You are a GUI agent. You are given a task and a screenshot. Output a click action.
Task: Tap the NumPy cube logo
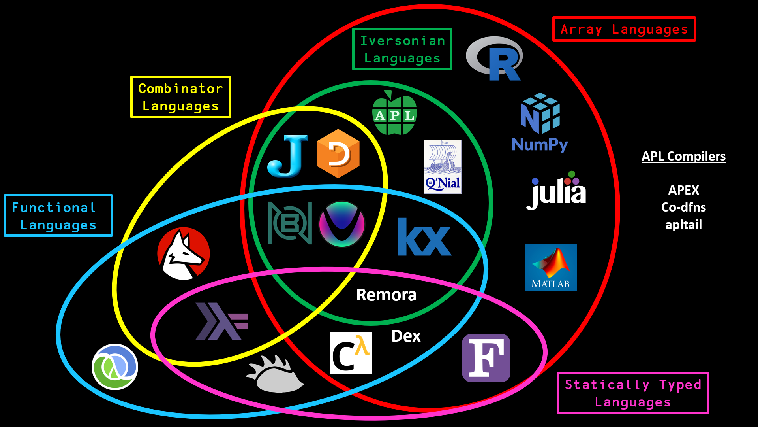coord(540,114)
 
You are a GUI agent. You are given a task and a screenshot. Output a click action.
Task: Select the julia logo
coord(556,191)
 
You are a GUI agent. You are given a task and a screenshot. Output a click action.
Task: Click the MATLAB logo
coord(550,267)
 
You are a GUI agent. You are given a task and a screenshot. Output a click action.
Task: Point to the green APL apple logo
coord(394,114)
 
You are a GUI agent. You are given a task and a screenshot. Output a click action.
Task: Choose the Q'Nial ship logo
coord(442,166)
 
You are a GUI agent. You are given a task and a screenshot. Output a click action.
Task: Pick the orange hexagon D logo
coord(338,153)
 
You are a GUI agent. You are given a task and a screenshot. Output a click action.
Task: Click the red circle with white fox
coord(183,253)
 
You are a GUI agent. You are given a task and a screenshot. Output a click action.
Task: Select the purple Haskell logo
coord(221,321)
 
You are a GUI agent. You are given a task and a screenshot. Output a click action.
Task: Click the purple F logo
coord(486,358)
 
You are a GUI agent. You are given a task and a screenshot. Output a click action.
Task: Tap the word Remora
coord(386,295)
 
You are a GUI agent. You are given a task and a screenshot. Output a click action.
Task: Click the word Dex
coord(406,336)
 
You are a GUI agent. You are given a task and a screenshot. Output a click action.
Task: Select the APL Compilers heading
coord(683,156)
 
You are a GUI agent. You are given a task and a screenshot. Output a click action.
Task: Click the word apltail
coord(683,225)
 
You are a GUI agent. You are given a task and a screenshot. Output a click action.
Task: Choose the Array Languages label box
coord(624,29)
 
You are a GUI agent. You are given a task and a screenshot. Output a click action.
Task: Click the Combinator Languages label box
coord(180,97)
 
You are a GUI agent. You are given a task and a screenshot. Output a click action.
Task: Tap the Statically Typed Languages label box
coord(632,393)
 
